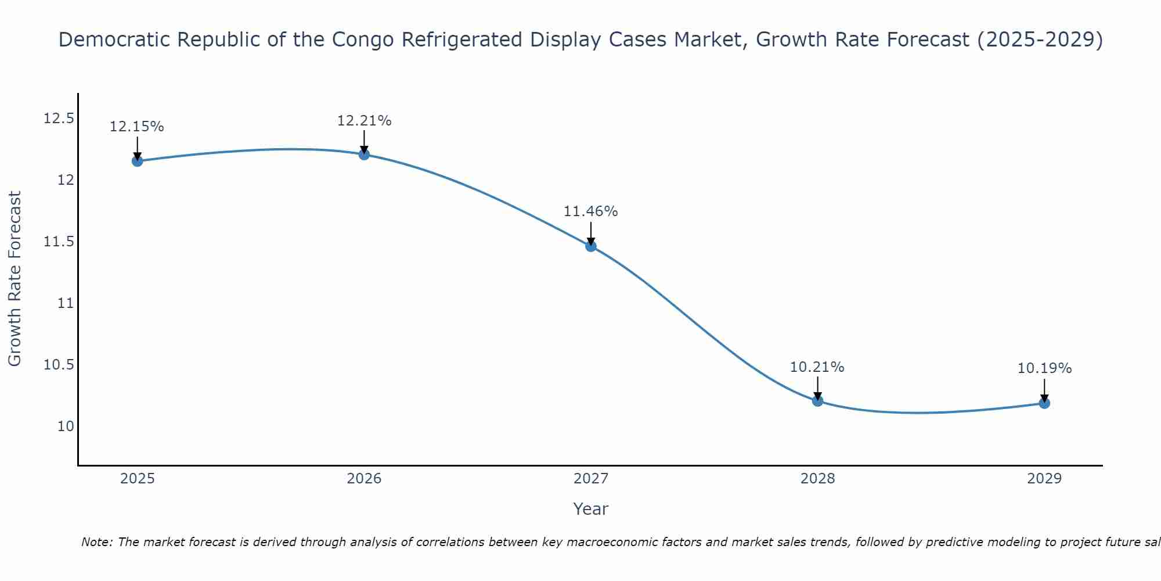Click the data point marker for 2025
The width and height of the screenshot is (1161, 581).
click(x=138, y=161)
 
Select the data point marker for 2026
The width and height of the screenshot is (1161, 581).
click(x=364, y=154)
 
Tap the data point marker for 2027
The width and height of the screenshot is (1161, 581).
click(x=591, y=246)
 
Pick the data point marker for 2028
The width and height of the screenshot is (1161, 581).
click(x=817, y=400)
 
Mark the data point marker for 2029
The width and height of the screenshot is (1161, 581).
click(x=1044, y=403)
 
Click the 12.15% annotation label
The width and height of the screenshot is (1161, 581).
click(x=137, y=127)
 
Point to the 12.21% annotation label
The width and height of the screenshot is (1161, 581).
click(x=364, y=121)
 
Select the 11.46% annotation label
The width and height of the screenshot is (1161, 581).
click(x=591, y=211)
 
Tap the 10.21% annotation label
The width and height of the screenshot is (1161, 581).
click(x=817, y=367)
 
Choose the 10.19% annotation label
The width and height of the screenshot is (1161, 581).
click(x=1044, y=368)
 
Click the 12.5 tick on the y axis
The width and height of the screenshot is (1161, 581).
click(x=59, y=119)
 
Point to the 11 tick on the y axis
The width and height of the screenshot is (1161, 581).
click(x=66, y=303)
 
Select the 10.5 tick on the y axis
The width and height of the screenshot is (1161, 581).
click(x=59, y=365)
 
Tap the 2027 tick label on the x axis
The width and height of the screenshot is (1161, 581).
click(x=591, y=479)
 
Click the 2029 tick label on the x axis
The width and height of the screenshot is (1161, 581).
click(x=1044, y=479)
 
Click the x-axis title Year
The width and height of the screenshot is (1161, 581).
click(x=591, y=509)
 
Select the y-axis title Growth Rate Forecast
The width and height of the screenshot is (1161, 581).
click(x=15, y=279)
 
